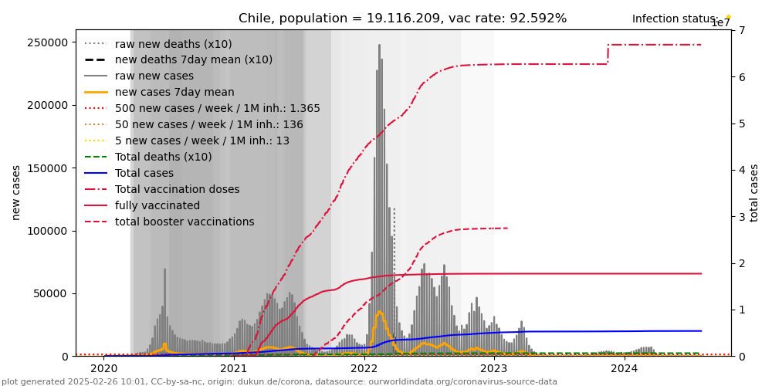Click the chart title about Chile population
(x=402, y=19)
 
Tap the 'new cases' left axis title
(x=16, y=192)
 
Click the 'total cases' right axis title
(x=754, y=192)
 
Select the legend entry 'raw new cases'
(x=154, y=76)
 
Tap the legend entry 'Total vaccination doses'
(x=177, y=189)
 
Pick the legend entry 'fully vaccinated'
(x=157, y=205)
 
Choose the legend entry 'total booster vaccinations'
(x=185, y=222)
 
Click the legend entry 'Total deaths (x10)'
(x=163, y=157)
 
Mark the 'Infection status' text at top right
(x=675, y=19)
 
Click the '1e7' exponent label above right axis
(x=720, y=23)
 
